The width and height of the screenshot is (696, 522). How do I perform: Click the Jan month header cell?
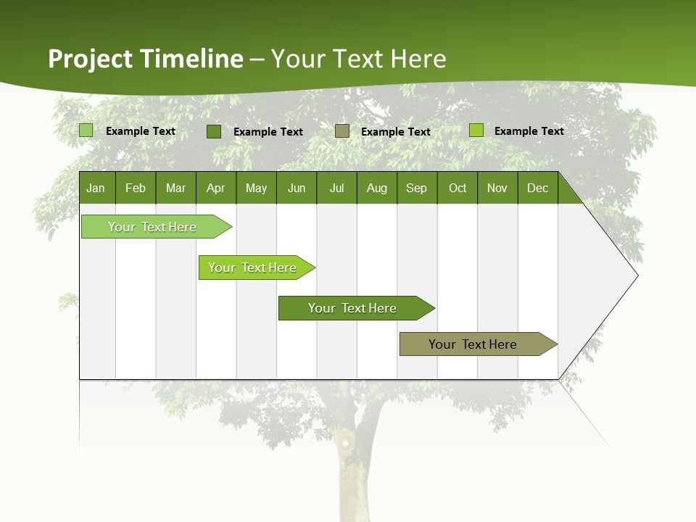pyautogui.click(x=96, y=188)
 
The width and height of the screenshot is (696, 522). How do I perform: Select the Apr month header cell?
pyautogui.click(x=216, y=188)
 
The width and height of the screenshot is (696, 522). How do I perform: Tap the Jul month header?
pyautogui.click(x=336, y=188)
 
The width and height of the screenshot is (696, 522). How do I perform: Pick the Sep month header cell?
pyautogui.click(x=417, y=188)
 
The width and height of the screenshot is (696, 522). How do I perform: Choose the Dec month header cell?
pyautogui.click(x=537, y=188)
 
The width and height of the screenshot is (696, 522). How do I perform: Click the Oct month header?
pyautogui.click(x=457, y=188)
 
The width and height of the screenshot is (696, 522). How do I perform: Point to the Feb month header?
pyautogui.click(x=136, y=188)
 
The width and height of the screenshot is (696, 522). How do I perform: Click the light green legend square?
pyautogui.click(x=86, y=130)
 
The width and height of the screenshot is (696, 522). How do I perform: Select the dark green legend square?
pyautogui.click(x=214, y=131)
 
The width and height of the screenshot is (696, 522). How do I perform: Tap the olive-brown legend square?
pyautogui.click(x=342, y=131)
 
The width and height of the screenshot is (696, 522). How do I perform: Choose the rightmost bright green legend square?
pyautogui.click(x=476, y=130)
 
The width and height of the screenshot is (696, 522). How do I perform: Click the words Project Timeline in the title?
pyautogui.click(x=146, y=59)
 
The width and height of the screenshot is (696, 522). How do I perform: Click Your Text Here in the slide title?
pyautogui.click(x=359, y=59)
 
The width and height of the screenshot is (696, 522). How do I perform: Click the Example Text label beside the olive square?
pyautogui.click(x=396, y=132)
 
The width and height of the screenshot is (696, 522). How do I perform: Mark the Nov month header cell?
pyautogui.click(x=497, y=188)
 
